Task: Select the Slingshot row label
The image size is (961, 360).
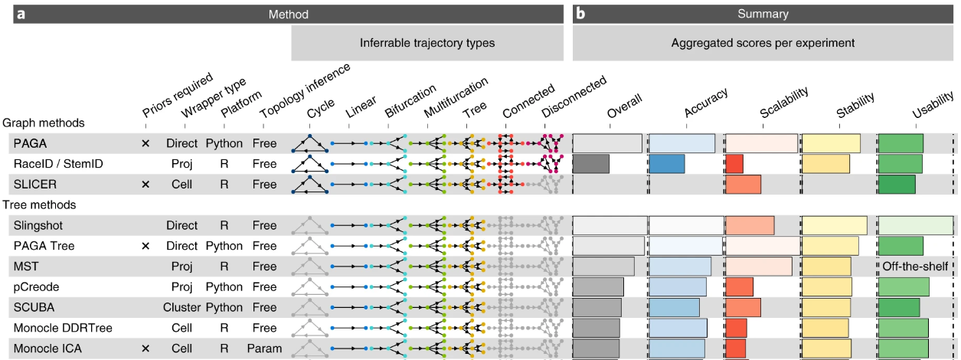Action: coord(38,225)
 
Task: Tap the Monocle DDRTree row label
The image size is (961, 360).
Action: coord(62,328)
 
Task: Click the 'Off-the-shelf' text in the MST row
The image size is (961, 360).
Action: coord(915,267)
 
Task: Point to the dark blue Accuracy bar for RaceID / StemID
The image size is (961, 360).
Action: coord(666,164)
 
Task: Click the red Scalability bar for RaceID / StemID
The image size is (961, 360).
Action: coord(734,164)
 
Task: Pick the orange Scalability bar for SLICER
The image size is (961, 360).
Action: coord(743,185)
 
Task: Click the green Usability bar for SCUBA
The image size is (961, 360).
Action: coord(899,307)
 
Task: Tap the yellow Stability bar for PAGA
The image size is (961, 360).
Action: coord(831,143)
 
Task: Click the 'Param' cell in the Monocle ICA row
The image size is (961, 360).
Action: coord(264,349)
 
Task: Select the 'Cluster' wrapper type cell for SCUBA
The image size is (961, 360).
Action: coord(181,307)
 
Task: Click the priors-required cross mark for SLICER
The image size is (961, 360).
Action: coord(145,185)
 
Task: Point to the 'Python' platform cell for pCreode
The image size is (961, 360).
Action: coord(224,287)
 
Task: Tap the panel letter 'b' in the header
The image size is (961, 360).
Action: coord(580,14)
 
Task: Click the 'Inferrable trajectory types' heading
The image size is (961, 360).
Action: coord(427,43)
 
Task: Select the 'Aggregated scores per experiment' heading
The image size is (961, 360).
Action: coord(763,43)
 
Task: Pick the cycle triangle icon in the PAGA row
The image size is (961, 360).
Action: coord(309,143)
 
